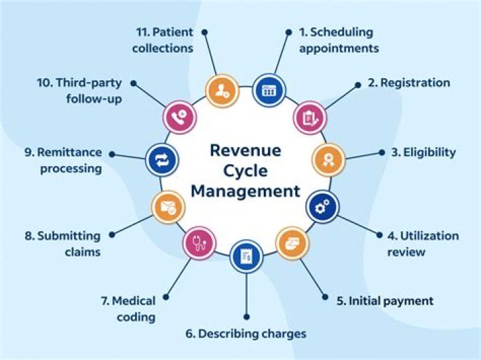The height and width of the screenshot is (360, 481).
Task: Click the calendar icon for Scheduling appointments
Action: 269,89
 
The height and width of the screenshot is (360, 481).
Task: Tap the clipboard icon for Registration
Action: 310,118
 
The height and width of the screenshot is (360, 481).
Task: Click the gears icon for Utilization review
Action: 323,207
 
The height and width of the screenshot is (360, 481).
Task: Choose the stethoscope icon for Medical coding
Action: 198,243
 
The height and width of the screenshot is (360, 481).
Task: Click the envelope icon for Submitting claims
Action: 166,206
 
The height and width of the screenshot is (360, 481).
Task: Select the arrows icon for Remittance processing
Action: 161,160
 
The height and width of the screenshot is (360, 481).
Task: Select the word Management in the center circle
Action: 245,192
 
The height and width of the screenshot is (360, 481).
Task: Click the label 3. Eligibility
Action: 424,152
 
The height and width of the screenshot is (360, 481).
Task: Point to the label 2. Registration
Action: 409,83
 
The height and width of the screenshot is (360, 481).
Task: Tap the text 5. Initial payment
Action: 385,301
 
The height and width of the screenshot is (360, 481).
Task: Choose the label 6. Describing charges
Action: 247,333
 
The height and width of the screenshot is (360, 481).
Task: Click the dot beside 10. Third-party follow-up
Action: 133,83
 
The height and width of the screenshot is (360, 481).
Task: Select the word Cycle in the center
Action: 245,170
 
